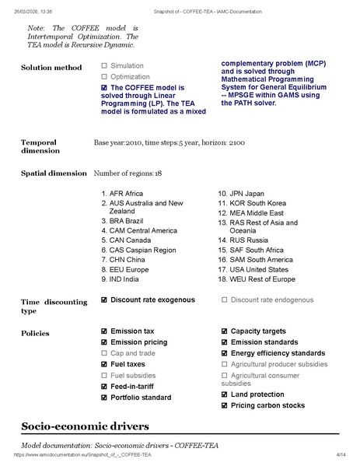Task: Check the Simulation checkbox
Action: click(104, 66)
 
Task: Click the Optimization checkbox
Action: click(104, 77)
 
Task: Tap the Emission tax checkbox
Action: click(104, 331)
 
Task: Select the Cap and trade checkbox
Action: click(104, 353)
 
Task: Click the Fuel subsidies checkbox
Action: click(104, 375)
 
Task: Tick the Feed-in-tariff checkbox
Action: click(104, 387)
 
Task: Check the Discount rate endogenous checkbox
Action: click(225, 300)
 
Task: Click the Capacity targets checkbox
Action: click(225, 331)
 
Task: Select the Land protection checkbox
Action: click(225, 394)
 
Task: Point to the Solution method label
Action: click(51, 68)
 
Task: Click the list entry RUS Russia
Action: click(243, 241)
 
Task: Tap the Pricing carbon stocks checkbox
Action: click(225, 405)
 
